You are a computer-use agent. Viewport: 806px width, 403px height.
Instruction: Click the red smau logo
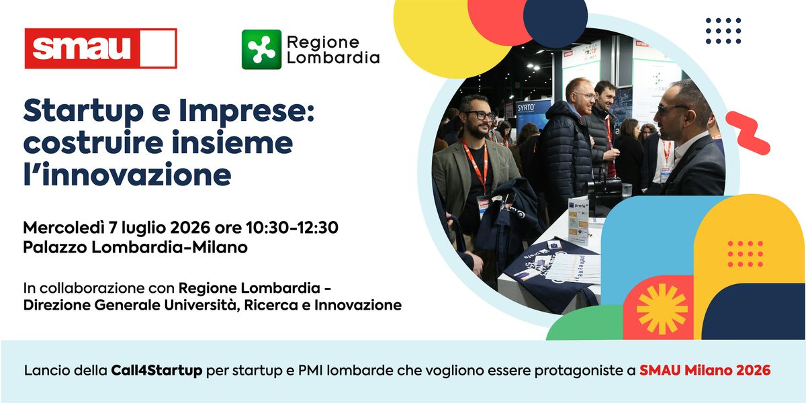(x=101, y=48)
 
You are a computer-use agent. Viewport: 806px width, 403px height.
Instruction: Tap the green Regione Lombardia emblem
(x=261, y=49)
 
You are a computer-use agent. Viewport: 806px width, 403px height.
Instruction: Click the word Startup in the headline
(x=83, y=111)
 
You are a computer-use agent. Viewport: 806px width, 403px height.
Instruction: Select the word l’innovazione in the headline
(x=128, y=175)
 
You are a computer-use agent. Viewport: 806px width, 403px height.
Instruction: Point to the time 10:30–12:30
(x=292, y=228)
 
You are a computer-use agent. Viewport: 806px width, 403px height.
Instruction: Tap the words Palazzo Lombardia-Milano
(x=135, y=247)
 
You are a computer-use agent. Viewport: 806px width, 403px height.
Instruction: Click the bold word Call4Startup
(x=156, y=370)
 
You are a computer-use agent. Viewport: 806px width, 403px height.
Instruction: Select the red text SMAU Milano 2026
(x=705, y=370)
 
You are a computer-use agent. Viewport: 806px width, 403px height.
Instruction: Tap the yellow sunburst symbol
(x=662, y=309)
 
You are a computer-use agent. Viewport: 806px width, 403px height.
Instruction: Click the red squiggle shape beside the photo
(x=748, y=133)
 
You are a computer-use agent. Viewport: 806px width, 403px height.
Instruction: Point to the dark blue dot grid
(x=723, y=31)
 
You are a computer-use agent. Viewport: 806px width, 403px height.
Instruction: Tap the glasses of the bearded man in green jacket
(x=480, y=116)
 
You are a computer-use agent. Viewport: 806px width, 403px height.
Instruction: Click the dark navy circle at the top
(x=555, y=18)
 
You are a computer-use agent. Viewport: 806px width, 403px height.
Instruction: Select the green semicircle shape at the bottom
(x=585, y=324)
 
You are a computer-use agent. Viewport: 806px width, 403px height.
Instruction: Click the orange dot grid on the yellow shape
(x=745, y=254)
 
